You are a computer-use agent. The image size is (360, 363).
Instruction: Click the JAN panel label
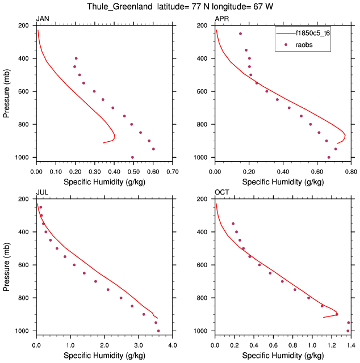(x=43, y=19)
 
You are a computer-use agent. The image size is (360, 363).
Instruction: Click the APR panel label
(x=222, y=19)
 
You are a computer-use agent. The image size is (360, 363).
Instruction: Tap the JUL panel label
(x=43, y=193)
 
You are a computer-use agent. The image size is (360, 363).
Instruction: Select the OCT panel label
(x=222, y=193)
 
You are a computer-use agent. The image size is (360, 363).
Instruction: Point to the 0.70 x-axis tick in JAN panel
(x=173, y=170)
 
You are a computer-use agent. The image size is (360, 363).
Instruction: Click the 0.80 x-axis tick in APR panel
(x=351, y=170)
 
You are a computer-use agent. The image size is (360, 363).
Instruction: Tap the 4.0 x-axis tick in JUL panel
(x=173, y=344)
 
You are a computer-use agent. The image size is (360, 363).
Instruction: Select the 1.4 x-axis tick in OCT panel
(x=351, y=344)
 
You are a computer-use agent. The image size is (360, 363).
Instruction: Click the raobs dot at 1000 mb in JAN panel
(x=132, y=157)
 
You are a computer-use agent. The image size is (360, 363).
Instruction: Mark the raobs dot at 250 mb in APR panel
(x=240, y=33)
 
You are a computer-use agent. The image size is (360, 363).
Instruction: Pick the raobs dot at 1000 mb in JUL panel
(x=158, y=331)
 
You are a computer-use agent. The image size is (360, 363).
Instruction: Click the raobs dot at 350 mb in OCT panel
(x=233, y=223)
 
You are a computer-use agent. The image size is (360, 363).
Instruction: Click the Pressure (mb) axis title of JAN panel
(x=6, y=91)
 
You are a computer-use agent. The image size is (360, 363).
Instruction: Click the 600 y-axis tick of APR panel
(x=204, y=91)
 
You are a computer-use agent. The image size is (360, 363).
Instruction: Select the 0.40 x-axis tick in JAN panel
(x=114, y=170)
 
